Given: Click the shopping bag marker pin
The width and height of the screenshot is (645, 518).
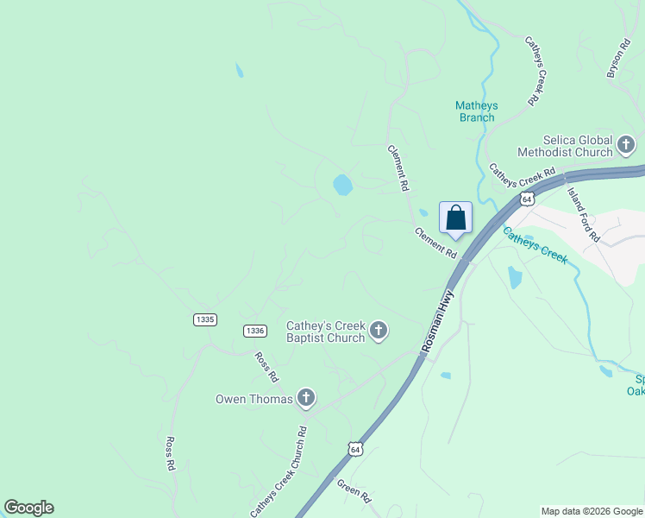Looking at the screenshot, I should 455,218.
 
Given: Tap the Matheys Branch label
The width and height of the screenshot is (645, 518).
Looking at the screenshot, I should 476,111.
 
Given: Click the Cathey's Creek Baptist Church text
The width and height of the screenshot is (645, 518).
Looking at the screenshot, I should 326,332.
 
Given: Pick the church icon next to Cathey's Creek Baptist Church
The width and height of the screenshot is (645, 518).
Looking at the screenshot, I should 378,330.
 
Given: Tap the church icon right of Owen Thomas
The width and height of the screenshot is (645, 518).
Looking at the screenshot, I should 305,398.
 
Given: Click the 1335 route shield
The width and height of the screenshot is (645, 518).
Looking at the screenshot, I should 205,319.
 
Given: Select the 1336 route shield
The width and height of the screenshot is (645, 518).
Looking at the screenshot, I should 254,331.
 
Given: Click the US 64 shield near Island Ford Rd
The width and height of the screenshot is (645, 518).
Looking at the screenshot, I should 527,199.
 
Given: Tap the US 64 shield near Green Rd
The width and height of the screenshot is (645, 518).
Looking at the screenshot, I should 354,449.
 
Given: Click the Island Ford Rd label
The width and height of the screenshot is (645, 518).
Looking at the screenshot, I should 583,214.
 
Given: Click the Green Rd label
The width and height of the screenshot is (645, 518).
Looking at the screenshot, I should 354,491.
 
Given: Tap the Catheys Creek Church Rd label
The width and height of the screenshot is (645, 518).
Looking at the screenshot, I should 279,472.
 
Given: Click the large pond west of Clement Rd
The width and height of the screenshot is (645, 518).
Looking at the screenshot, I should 342,185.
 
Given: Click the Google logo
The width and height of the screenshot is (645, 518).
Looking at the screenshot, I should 28,508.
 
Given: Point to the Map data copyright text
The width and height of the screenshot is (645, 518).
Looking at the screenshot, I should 592,511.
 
